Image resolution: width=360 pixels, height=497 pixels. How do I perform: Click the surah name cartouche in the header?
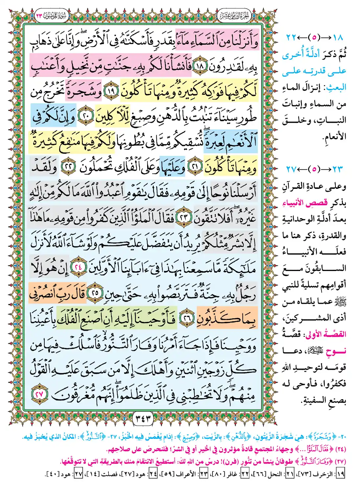point(51,15)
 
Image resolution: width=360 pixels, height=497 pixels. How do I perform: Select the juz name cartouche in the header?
point(234,15)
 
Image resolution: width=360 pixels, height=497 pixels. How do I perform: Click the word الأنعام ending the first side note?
point(334,136)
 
